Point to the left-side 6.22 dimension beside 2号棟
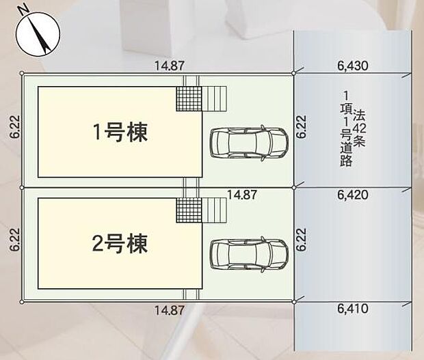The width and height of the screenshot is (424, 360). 14,243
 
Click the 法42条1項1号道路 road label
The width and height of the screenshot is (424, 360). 355,128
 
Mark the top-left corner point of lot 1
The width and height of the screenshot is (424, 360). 22,73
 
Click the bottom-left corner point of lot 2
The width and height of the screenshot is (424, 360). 22,301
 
